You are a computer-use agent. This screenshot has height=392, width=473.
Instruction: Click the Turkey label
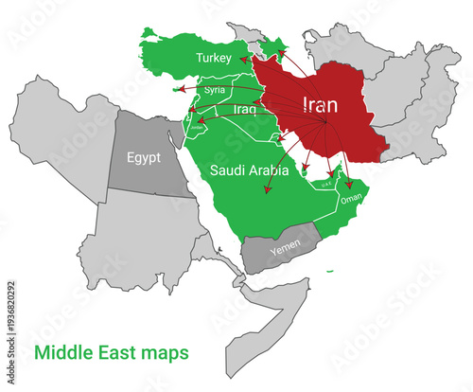point(213,59)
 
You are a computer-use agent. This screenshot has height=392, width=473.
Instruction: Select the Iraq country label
point(245,110)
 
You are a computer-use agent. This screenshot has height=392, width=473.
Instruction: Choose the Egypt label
point(147,155)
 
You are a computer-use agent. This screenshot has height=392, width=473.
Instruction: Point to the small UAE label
point(327,186)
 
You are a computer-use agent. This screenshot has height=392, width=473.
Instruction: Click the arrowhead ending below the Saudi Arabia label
point(268,191)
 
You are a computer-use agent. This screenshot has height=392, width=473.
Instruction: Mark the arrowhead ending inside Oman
point(349,187)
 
